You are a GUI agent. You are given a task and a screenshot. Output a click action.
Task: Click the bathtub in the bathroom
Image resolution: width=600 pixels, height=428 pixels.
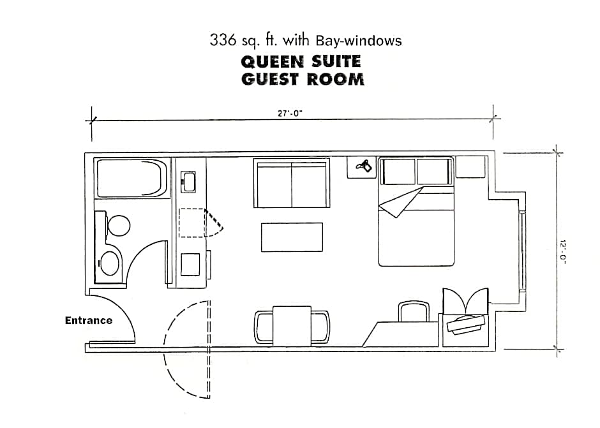pos(132,178)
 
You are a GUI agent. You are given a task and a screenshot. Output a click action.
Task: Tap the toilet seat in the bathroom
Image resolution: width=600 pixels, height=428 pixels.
pos(119,225)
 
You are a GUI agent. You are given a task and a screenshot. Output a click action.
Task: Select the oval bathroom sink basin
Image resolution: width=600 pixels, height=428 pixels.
pos(110,263)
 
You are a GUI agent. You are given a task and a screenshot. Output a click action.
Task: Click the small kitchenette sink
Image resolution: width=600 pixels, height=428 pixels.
pos(188,182)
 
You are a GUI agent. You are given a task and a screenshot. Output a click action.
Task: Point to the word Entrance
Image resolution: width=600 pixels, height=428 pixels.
pos(89,321)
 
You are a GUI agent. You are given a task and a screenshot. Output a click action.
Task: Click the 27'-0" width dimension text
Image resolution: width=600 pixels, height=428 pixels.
pos(290,113)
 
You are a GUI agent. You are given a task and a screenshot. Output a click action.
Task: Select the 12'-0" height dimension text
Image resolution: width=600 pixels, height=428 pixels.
pos(562,251)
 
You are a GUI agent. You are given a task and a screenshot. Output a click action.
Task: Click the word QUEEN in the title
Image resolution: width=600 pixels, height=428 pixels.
pos(272,62)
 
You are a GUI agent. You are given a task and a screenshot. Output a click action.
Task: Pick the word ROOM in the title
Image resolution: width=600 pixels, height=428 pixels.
pos(335,79)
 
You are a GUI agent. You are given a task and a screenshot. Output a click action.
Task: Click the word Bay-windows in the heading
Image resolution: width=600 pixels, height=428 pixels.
pos(359,41)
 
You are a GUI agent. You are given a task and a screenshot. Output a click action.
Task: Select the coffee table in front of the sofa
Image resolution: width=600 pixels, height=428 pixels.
pos(292,237)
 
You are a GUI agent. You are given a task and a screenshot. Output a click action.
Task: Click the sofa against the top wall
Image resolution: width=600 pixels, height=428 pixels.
pos(292,183)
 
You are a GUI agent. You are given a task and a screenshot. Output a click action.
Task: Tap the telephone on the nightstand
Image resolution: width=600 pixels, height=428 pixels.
pos(364,166)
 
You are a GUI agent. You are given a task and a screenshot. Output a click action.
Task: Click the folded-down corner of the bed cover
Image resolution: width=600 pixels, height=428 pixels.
pos(400,202)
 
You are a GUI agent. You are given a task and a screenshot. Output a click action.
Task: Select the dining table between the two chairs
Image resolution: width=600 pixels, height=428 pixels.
pos(292,326)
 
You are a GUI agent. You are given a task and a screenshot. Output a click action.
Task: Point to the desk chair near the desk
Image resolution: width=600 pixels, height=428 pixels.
pos(414,311)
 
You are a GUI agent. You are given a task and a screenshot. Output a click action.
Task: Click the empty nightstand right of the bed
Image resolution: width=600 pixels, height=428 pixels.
pos(470,166)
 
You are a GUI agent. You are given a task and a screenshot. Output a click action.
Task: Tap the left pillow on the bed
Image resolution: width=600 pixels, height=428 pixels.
pos(399,172)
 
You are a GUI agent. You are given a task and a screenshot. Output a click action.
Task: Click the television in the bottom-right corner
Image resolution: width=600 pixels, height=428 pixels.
pos(466,324)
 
